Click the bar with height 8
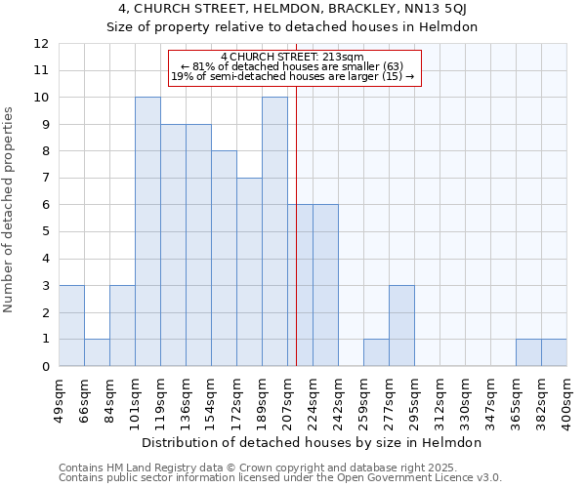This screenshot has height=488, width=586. [x=224, y=259]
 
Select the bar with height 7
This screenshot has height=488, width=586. [x=249, y=272]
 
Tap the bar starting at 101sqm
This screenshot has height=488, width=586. [x=147, y=231]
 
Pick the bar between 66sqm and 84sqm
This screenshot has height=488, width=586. [x=97, y=352]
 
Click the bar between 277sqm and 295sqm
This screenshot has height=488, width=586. [x=401, y=326]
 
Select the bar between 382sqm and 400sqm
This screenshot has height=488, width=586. [x=554, y=352]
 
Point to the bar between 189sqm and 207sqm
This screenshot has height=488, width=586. [x=274, y=231]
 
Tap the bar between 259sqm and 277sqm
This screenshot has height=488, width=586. [x=376, y=352]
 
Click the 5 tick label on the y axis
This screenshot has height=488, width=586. [x=45, y=232]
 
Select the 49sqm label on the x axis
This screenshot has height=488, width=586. [x=60, y=400]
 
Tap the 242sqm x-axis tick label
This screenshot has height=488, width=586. [x=339, y=400]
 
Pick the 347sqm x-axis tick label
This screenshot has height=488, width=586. [x=491, y=400]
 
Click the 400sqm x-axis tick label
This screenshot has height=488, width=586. [x=567, y=400]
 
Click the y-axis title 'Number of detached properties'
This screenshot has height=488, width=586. [x=9, y=210]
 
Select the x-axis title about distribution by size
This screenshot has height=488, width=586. [x=313, y=442]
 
